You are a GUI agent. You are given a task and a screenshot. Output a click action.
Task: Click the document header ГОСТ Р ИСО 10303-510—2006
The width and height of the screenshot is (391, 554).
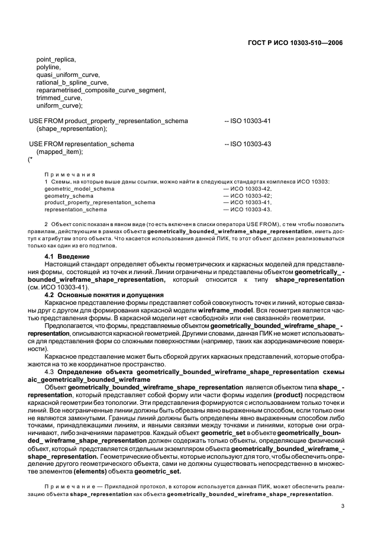296,43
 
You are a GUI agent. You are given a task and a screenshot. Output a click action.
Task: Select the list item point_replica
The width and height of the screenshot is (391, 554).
56,60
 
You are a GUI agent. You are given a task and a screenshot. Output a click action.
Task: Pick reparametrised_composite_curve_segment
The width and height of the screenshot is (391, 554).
101,91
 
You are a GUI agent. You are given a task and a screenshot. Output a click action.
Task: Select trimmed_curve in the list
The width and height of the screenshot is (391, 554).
57,98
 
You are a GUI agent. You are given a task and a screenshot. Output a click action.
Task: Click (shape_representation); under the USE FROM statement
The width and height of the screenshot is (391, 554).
72,128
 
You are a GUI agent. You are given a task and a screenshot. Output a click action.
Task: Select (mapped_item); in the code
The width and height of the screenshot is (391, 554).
60,152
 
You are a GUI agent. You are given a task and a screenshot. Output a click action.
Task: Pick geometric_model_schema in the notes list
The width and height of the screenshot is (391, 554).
79,188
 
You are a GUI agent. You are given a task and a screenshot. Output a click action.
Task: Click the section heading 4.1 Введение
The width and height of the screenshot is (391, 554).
67,255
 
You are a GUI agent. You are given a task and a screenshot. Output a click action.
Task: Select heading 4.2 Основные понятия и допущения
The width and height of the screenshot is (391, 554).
104,294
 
